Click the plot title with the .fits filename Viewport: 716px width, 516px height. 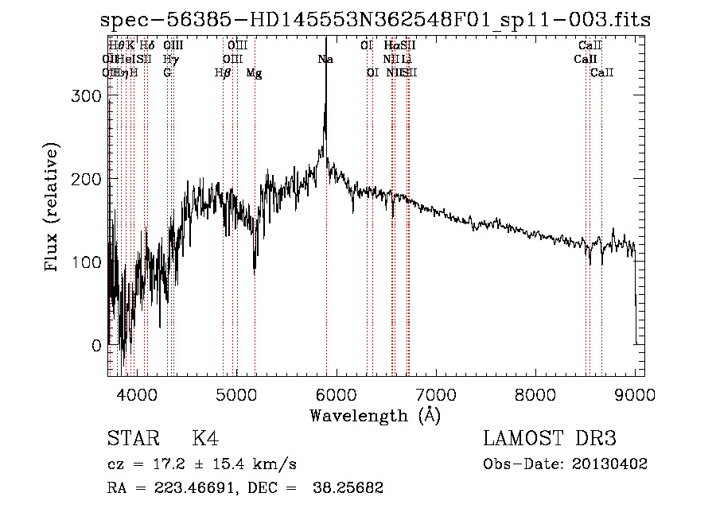376,20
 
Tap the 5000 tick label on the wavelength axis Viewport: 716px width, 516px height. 236,394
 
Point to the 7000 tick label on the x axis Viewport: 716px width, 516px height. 435,394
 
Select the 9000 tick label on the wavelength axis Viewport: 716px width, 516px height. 634,394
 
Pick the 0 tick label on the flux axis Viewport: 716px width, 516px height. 96,347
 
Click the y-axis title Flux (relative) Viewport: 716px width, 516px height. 53,208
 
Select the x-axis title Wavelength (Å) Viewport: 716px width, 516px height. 375,415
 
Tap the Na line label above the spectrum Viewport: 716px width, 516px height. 325,60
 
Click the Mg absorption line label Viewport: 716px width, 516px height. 254,73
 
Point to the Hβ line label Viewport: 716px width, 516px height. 223,73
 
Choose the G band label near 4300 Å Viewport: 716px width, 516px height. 167,73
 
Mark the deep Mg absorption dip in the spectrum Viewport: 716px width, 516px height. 255,273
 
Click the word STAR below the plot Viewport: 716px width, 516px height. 132,439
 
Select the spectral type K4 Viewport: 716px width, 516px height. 205,439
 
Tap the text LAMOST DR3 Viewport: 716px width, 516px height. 550,439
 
